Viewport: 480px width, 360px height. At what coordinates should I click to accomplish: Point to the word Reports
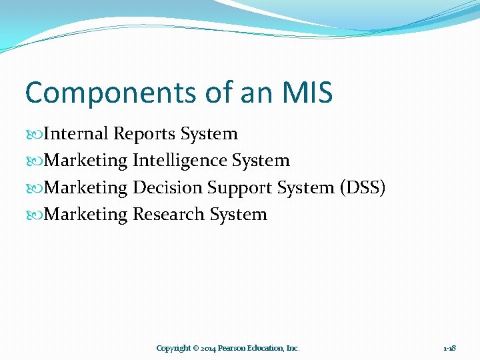[145, 133]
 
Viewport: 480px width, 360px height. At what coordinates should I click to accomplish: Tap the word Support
[237, 189]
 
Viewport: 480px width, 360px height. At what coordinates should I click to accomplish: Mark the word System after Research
[238, 215]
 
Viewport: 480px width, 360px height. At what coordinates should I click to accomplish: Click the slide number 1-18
[449, 348]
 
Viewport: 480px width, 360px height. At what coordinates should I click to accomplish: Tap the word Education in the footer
[265, 348]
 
